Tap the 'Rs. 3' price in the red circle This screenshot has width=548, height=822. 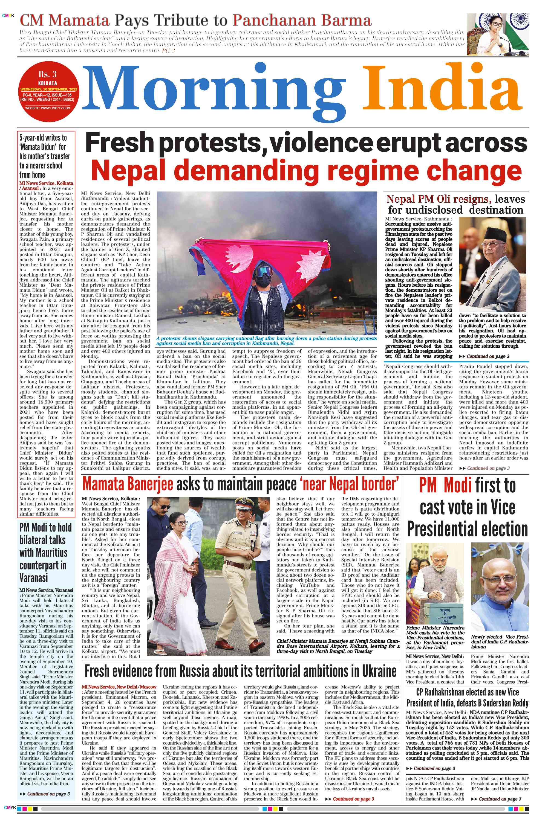[48, 74]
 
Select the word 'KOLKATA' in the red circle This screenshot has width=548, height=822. [48, 83]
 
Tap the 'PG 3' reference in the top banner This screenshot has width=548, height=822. [168, 51]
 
